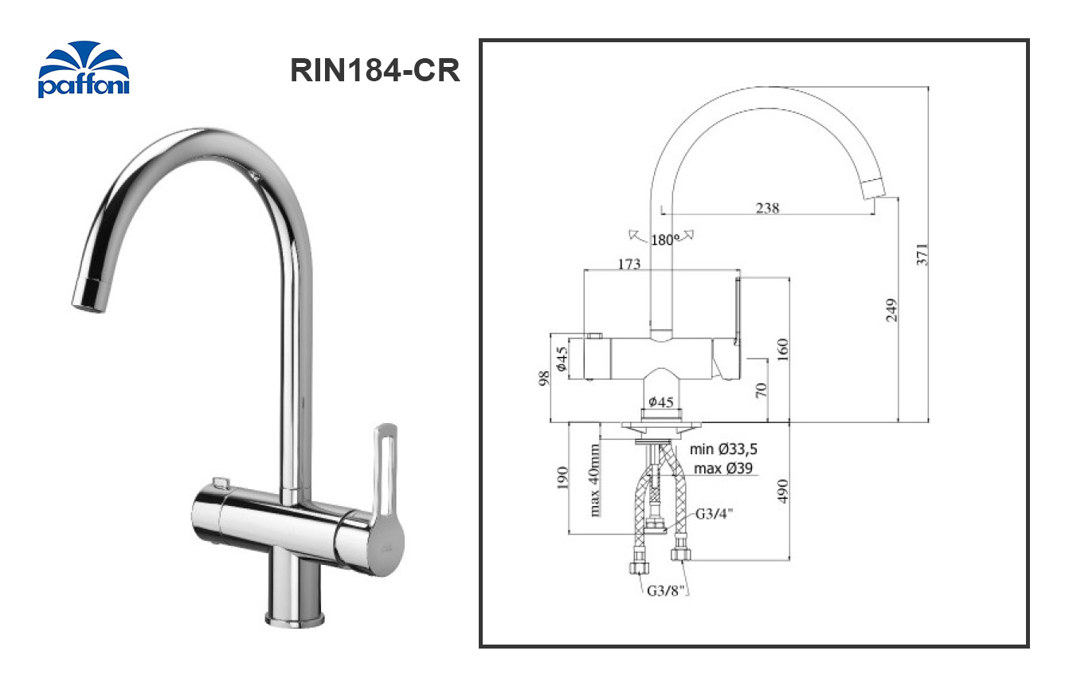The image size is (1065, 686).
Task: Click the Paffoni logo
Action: pyautogui.click(x=83, y=69)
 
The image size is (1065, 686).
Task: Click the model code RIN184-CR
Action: pyautogui.click(x=375, y=70)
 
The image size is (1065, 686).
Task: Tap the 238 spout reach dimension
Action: pyautogui.click(x=767, y=208)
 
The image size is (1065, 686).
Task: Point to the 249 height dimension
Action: pyautogui.click(x=891, y=309)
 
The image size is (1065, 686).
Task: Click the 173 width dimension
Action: pyautogui.click(x=628, y=264)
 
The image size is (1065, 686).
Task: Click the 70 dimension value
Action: pyautogui.click(x=761, y=390)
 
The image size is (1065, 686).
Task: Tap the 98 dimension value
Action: pyautogui.click(x=544, y=377)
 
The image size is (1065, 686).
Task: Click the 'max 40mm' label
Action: pyautogui.click(x=594, y=480)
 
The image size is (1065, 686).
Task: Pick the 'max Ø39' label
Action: pyautogui.click(x=722, y=468)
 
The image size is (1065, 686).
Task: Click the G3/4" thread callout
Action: pyautogui.click(x=714, y=514)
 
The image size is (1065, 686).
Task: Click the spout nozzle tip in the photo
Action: pyautogui.click(x=88, y=299)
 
